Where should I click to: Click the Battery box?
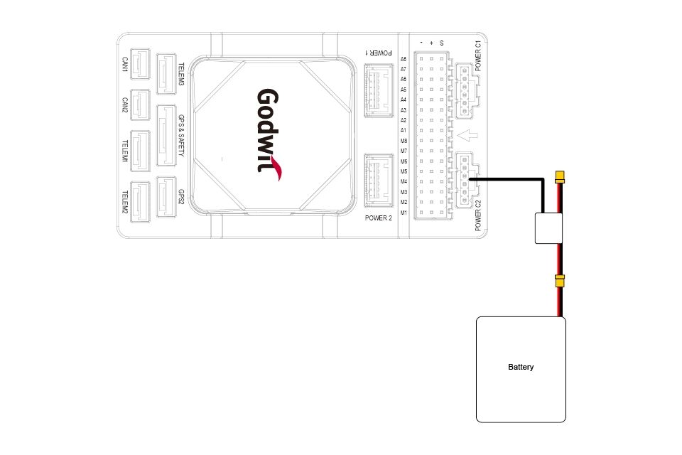coord(521,368)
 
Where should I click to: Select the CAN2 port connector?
coord(141,106)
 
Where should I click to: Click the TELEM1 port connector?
coord(141,151)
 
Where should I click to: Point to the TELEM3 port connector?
coord(166,73)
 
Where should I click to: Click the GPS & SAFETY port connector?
coord(166,135)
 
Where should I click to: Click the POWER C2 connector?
coord(466,181)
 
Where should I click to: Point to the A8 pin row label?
coord(404,59)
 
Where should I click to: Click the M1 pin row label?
coord(404,213)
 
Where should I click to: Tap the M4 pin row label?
coord(404,182)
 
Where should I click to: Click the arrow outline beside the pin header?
coord(468,135)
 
